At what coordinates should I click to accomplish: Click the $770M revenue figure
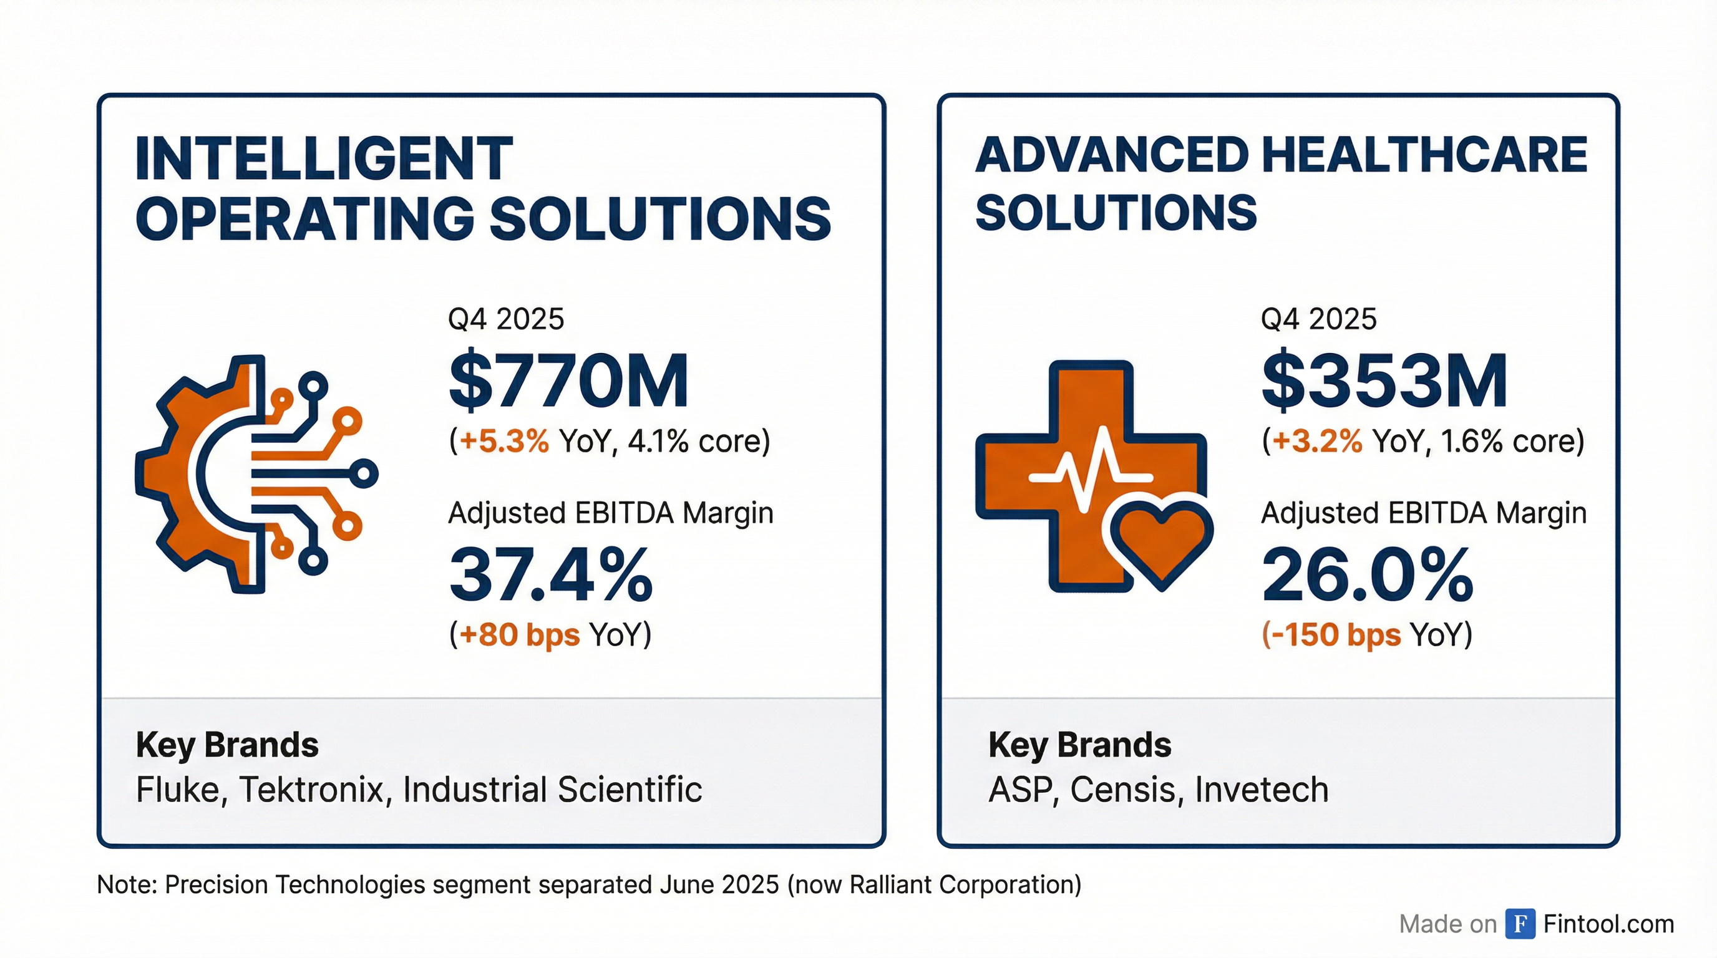568,380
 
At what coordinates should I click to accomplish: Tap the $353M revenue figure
1384,380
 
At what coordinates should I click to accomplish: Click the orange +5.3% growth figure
505,441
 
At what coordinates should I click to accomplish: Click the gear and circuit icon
256,475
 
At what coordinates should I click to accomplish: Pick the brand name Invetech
1262,790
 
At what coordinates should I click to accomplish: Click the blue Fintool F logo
1520,924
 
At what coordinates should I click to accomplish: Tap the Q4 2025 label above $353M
1318,319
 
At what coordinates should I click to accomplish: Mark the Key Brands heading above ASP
1080,745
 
